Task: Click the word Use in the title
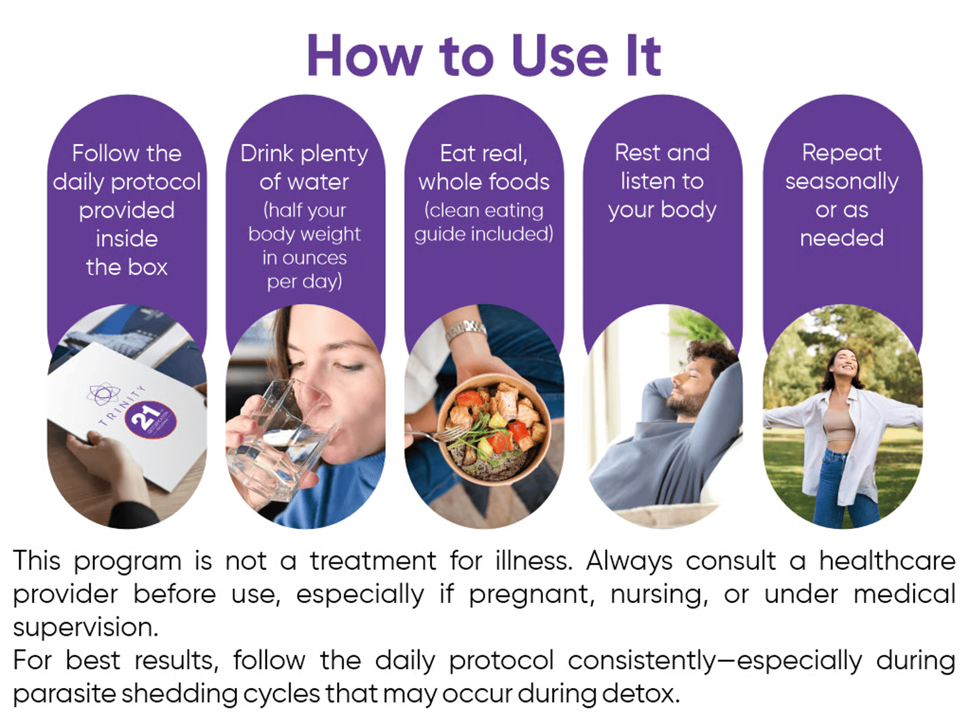pos(560,56)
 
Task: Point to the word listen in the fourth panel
pos(646,181)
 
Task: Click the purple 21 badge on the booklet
pos(151,420)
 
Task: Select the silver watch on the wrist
pos(465,330)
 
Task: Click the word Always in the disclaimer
pos(629,561)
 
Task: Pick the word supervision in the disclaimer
pos(85,628)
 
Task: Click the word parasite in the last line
pos(65,695)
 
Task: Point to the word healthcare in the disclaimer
pos(888,561)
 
